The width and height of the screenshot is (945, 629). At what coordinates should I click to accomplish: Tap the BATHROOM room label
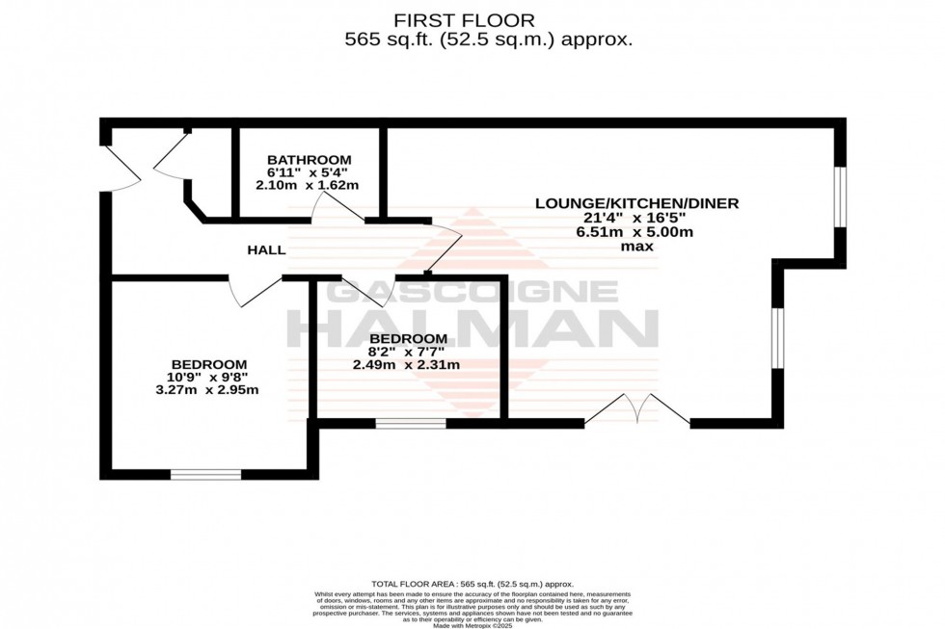(310, 160)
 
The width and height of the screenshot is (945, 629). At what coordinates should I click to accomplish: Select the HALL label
(266, 250)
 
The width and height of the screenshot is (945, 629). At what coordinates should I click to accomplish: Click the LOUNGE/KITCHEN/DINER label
(636, 203)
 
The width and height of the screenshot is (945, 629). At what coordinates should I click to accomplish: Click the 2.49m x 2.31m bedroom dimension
(406, 365)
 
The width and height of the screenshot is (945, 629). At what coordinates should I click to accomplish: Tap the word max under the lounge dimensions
(636, 247)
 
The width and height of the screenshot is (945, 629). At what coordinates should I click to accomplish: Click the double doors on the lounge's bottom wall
(636, 409)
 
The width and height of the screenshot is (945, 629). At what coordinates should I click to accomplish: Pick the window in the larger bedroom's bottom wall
(205, 474)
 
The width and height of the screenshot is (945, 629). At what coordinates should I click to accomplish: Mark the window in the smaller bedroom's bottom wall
(411, 422)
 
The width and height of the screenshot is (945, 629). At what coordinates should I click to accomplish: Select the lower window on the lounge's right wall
(777, 337)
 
